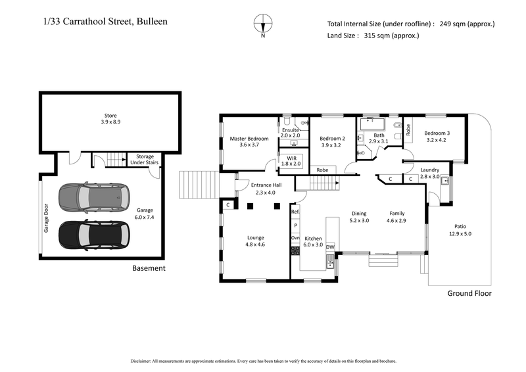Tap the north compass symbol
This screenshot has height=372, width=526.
tap(263, 23)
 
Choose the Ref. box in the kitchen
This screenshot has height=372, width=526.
tap(295, 212)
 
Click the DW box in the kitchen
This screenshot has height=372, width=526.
tap(330, 247)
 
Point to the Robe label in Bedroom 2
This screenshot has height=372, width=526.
tap(322, 170)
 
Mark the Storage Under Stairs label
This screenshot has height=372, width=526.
tap(144, 160)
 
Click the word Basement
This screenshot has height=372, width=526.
tap(149, 268)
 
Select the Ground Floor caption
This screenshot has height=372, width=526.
tap(469, 293)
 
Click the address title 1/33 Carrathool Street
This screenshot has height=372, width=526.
tap(104, 22)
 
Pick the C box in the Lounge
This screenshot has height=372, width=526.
tap(227, 205)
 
